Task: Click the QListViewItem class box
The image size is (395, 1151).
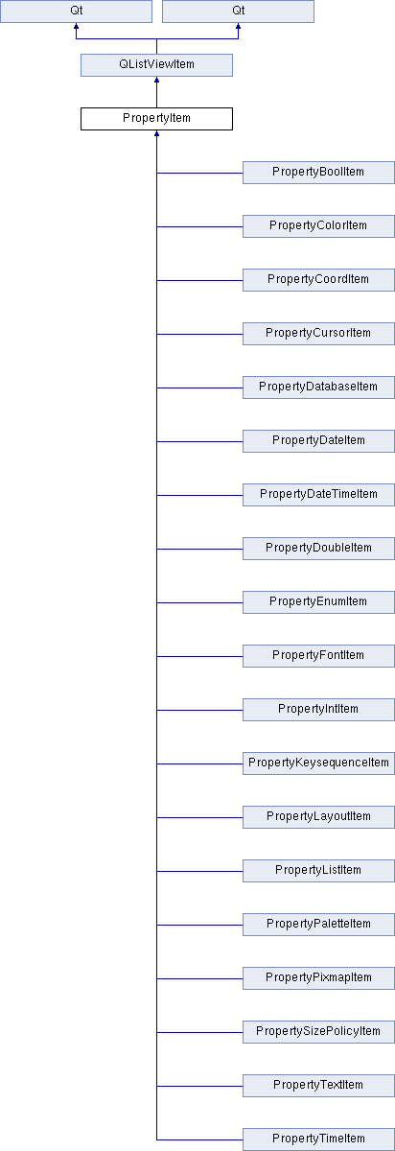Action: [156, 65]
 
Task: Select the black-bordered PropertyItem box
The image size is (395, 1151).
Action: [156, 119]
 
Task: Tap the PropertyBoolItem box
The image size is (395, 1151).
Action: [318, 173]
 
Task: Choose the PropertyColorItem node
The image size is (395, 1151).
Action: [318, 226]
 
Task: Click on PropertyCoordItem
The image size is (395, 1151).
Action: [318, 280]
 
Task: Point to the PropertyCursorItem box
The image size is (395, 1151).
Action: [318, 334]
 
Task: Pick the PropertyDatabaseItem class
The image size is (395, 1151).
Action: [318, 388]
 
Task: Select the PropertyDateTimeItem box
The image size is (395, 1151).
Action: [318, 495]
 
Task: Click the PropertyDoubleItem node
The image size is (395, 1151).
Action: [318, 549]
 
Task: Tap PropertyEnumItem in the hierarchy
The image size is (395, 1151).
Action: [318, 602]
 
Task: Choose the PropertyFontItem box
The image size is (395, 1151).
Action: [318, 656]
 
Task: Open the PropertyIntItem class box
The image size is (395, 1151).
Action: [318, 710]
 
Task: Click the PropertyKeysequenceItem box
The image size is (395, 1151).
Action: [318, 763]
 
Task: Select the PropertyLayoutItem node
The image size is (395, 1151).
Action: [318, 817]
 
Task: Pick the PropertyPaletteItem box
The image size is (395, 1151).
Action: [318, 925]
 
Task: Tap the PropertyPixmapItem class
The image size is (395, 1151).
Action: [318, 977]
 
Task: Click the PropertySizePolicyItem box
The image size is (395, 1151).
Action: [318, 1032]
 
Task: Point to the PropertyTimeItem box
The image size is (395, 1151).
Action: [318, 1139]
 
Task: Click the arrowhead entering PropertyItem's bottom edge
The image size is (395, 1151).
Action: [156, 133]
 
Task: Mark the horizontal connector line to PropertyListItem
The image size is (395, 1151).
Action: [199, 871]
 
